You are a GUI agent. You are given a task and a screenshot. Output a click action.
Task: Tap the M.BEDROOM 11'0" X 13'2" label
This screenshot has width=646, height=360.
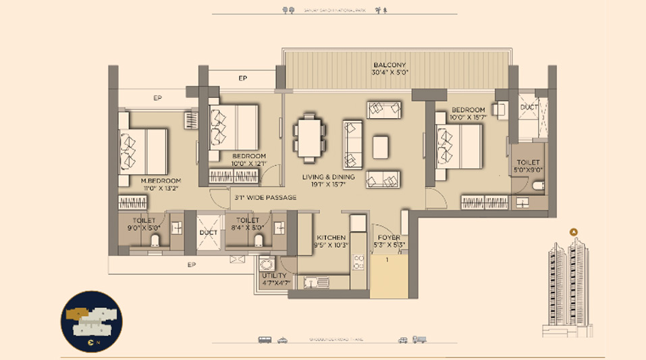point(161,184)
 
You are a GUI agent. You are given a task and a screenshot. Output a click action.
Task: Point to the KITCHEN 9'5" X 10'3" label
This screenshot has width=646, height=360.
point(331,241)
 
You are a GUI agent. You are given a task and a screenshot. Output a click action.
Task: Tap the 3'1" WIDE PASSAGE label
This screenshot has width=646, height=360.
point(265,198)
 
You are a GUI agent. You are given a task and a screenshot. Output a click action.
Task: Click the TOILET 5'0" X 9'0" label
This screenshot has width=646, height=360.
point(529,167)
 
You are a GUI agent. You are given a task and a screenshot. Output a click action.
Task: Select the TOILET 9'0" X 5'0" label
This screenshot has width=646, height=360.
point(144,224)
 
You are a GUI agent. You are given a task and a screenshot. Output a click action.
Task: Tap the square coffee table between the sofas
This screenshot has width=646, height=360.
point(381,147)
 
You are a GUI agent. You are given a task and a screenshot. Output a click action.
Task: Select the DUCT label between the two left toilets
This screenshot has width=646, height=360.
point(208,233)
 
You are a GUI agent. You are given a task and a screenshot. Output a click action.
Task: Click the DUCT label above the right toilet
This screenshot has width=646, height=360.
point(529,107)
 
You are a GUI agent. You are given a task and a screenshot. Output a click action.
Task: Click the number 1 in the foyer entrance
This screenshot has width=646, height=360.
point(387,260)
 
